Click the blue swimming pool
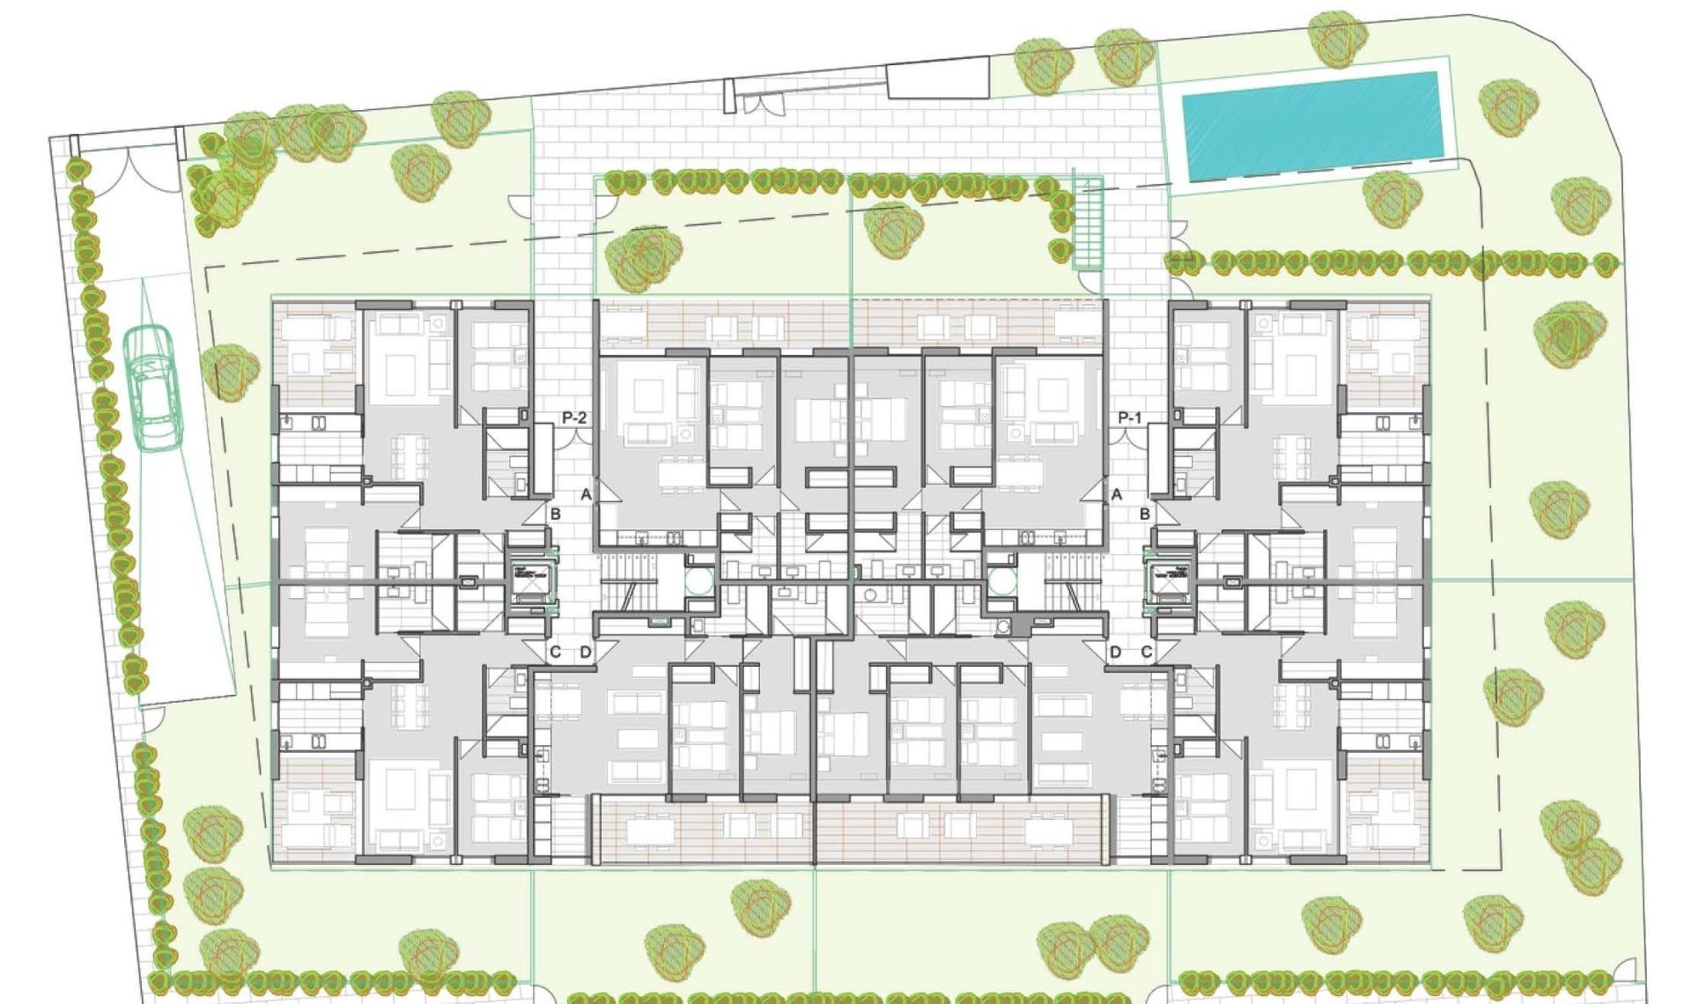click(1311, 124)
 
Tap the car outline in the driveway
click(151, 388)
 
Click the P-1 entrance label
click(1129, 417)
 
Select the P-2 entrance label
click(574, 417)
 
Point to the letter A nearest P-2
click(586, 495)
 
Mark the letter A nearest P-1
click(1117, 495)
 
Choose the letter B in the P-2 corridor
click(555, 514)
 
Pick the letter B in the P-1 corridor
click(1145, 514)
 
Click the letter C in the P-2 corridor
click(555, 653)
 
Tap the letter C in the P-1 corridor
click(1147, 653)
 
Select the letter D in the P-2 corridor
click(586, 653)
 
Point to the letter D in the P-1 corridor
click(1116, 653)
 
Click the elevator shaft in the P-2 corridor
click(532, 581)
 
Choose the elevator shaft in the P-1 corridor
click(1169, 581)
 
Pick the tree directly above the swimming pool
click(1337, 37)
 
